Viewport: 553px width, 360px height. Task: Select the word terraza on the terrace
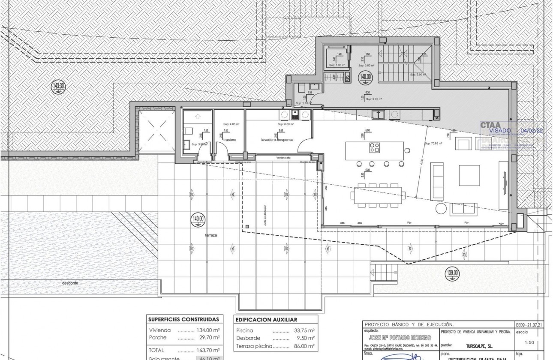[x=211, y=235]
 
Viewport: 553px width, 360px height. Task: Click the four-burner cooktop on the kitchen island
[x=375, y=148]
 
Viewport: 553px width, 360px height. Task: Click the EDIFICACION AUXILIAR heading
[x=266, y=320]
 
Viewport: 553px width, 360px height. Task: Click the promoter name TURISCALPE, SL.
[x=479, y=344]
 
